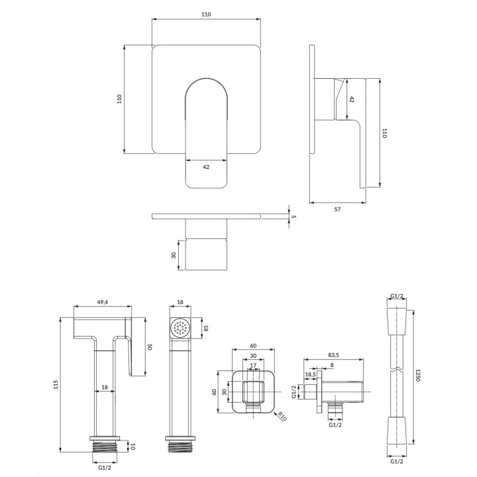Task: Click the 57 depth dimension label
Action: tap(337, 209)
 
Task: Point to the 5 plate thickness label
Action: tap(293, 217)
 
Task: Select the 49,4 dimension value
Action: tap(103, 302)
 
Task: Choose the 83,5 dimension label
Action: tap(333, 355)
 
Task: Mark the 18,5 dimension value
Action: tap(310, 374)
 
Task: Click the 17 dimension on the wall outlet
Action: tap(253, 365)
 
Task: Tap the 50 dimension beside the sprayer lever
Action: tap(149, 346)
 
